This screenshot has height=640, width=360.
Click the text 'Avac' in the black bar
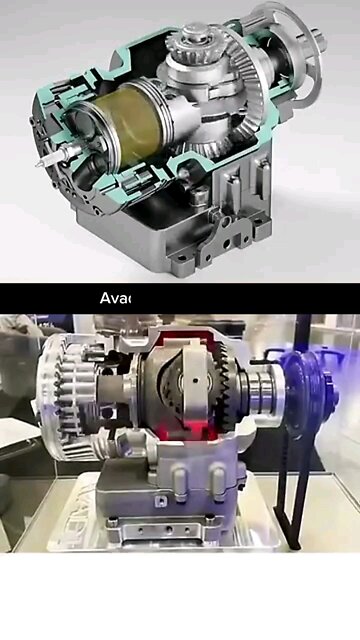(x=117, y=297)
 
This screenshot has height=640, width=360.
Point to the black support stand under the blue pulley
(x=290, y=500)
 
